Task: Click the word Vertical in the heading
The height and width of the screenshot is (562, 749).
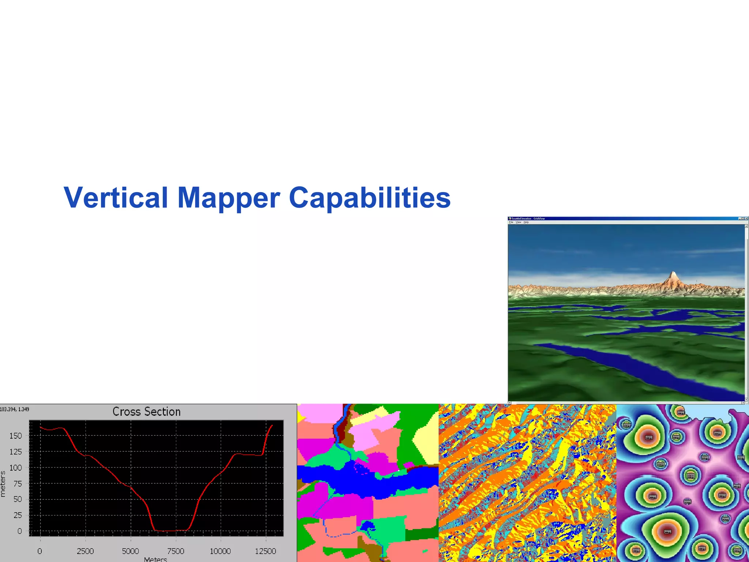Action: pyautogui.click(x=116, y=198)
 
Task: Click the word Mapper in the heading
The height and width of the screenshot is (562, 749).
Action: pyautogui.click(x=229, y=198)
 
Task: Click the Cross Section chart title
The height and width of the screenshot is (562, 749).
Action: pyautogui.click(x=146, y=412)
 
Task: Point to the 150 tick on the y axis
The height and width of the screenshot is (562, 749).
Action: pyautogui.click(x=16, y=436)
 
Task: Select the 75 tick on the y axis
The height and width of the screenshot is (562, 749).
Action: pyautogui.click(x=18, y=484)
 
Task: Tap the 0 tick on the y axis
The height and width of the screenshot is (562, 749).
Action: pyautogui.click(x=20, y=531)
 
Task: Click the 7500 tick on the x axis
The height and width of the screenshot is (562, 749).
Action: pyautogui.click(x=176, y=551)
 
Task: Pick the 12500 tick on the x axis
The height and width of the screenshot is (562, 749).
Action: pyautogui.click(x=266, y=551)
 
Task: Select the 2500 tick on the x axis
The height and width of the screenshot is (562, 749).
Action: pyautogui.click(x=85, y=551)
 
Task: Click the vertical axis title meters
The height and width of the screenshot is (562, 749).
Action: pyautogui.click(x=3, y=484)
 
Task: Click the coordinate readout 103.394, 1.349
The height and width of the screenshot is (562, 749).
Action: pyautogui.click(x=15, y=409)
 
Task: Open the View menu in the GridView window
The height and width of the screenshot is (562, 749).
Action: pyautogui.click(x=518, y=222)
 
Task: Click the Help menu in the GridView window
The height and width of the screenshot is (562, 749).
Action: pyautogui.click(x=526, y=222)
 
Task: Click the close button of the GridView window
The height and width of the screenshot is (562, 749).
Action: pyautogui.click(x=746, y=218)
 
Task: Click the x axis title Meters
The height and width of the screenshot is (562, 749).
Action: pyautogui.click(x=155, y=559)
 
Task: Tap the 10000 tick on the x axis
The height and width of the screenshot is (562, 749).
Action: pyautogui.click(x=220, y=551)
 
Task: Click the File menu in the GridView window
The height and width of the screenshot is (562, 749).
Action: pyautogui.click(x=511, y=222)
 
